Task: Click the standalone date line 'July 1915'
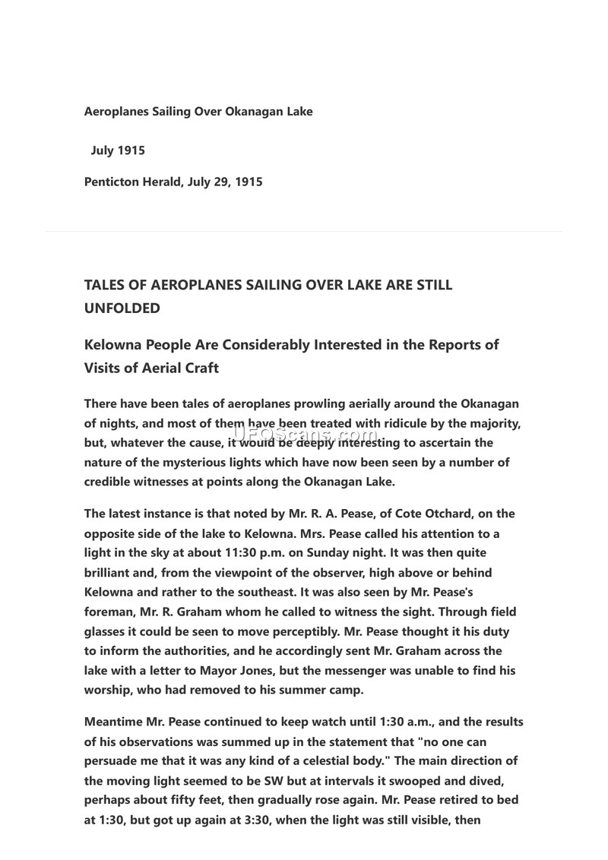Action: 118,150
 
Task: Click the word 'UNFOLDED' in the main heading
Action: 122,308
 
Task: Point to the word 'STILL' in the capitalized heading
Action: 433,286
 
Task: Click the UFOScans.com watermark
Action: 304,435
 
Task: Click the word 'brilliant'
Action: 109,573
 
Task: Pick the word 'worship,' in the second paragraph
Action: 109,690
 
